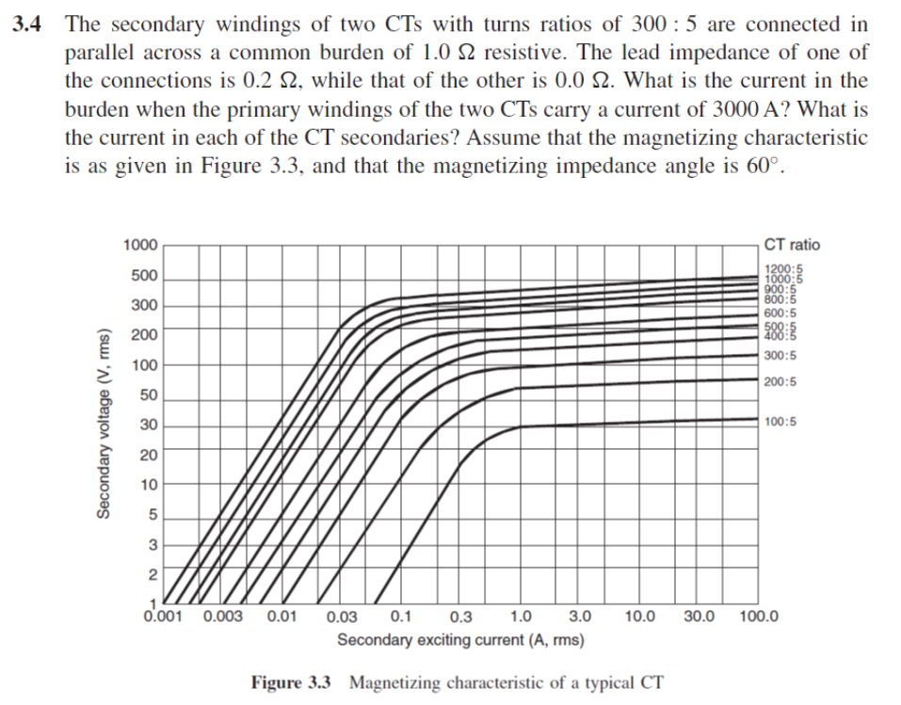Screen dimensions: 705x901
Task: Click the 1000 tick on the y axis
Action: pyautogui.click(x=140, y=246)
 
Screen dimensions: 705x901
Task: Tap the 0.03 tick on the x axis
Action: pyautogui.click(x=341, y=617)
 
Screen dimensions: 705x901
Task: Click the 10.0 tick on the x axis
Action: pyautogui.click(x=640, y=617)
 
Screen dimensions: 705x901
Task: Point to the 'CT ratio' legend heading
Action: pyautogui.click(x=791, y=245)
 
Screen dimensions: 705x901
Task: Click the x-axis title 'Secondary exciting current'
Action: pyautogui.click(x=459, y=641)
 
